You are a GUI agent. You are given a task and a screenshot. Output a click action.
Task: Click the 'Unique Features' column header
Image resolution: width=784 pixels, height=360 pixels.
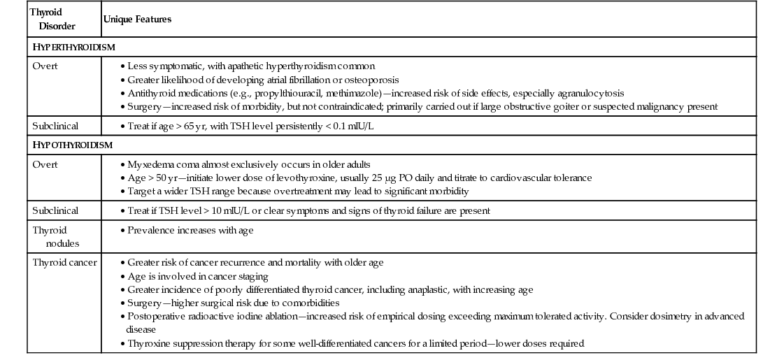coord(137,20)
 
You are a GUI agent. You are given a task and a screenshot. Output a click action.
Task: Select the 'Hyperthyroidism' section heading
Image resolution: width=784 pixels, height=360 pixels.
coord(73,46)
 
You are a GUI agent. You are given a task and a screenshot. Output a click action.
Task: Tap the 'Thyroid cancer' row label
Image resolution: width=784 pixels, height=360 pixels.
coord(64,262)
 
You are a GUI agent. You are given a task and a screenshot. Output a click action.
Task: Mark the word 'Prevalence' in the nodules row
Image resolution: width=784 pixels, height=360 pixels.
coord(150,230)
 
